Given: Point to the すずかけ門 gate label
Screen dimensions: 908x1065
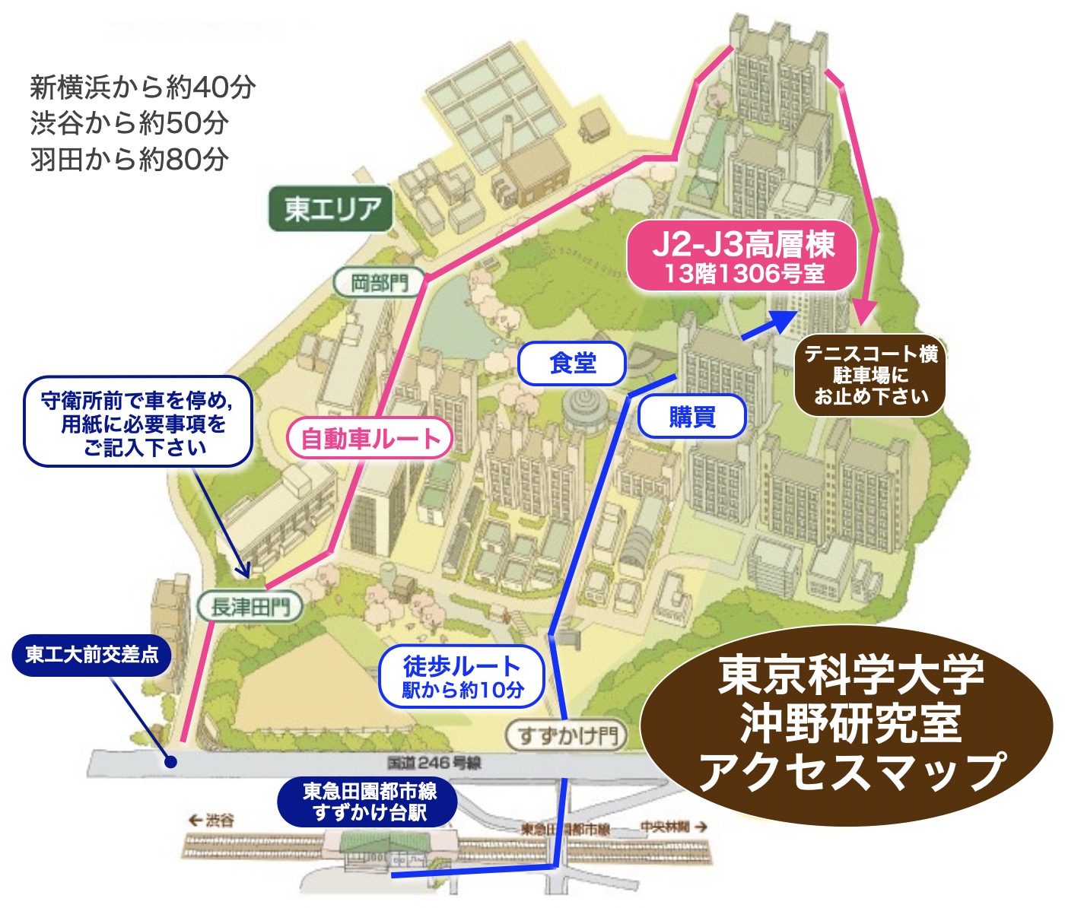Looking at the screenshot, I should point(567,735).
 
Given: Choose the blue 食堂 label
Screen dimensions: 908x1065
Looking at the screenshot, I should point(572,364).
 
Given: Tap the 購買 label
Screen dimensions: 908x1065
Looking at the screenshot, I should point(691,416).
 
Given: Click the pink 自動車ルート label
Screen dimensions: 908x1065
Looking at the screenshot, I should point(370,439).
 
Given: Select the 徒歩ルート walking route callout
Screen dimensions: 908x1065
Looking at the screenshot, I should point(463,676).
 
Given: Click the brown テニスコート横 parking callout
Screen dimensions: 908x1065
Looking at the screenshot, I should point(870,375).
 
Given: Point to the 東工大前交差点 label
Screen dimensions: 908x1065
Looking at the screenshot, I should point(92,654).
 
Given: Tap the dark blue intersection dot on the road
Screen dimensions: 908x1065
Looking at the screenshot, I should point(171,761).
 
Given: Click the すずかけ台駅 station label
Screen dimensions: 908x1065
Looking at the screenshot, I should point(369,802).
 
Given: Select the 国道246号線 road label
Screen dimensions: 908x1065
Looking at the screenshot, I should point(434,763).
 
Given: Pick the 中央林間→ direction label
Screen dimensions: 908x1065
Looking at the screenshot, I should point(674,826).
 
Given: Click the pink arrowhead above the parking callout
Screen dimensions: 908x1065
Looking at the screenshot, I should point(863,312).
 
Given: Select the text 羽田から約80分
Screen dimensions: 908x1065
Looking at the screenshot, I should point(129,159).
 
